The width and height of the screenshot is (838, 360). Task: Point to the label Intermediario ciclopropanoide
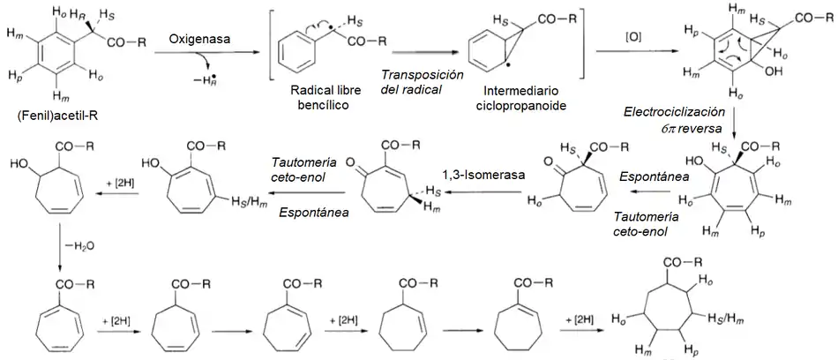coord(509,98)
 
